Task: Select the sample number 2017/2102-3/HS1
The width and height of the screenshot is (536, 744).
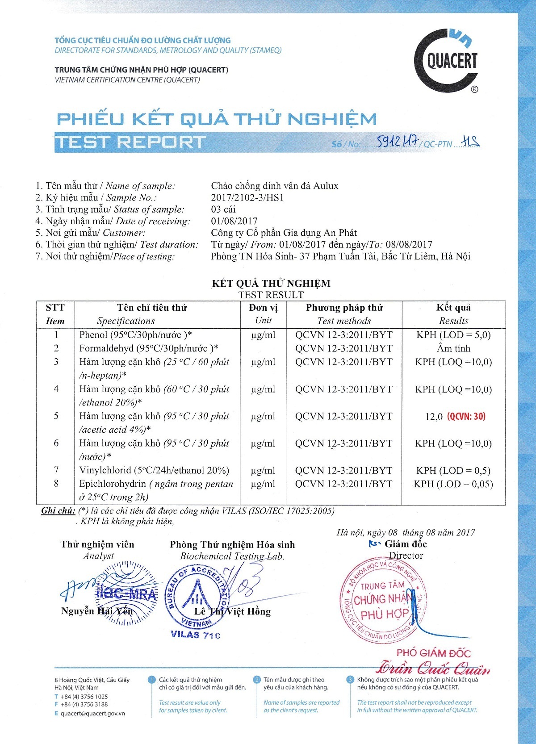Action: (247, 197)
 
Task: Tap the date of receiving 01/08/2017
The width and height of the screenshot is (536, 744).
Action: (234, 221)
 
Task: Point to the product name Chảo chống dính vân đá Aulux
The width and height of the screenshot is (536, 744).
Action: (275, 186)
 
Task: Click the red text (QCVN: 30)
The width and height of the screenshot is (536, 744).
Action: (466, 417)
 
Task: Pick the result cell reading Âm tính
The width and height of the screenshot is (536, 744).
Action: (453, 348)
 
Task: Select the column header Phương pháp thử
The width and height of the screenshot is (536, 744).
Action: (344, 308)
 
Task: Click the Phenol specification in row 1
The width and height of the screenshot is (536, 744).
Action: (135, 335)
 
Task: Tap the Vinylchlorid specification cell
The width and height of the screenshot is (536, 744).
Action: (154, 470)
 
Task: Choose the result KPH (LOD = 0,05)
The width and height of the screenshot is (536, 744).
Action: (453, 484)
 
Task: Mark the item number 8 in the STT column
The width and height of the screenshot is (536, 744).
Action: (56, 483)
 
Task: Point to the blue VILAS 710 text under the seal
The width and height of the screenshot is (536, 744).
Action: (196, 635)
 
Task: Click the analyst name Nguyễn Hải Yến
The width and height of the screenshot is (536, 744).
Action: (97, 611)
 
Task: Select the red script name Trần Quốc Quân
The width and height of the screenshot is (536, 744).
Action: (432, 669)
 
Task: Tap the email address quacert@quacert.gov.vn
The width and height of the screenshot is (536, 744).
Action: (93, 714)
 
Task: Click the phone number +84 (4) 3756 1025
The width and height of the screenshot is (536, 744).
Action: (84, 697)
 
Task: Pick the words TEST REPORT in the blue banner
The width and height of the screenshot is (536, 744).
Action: (130, 142)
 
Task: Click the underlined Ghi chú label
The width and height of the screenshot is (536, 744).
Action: (58, 511)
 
